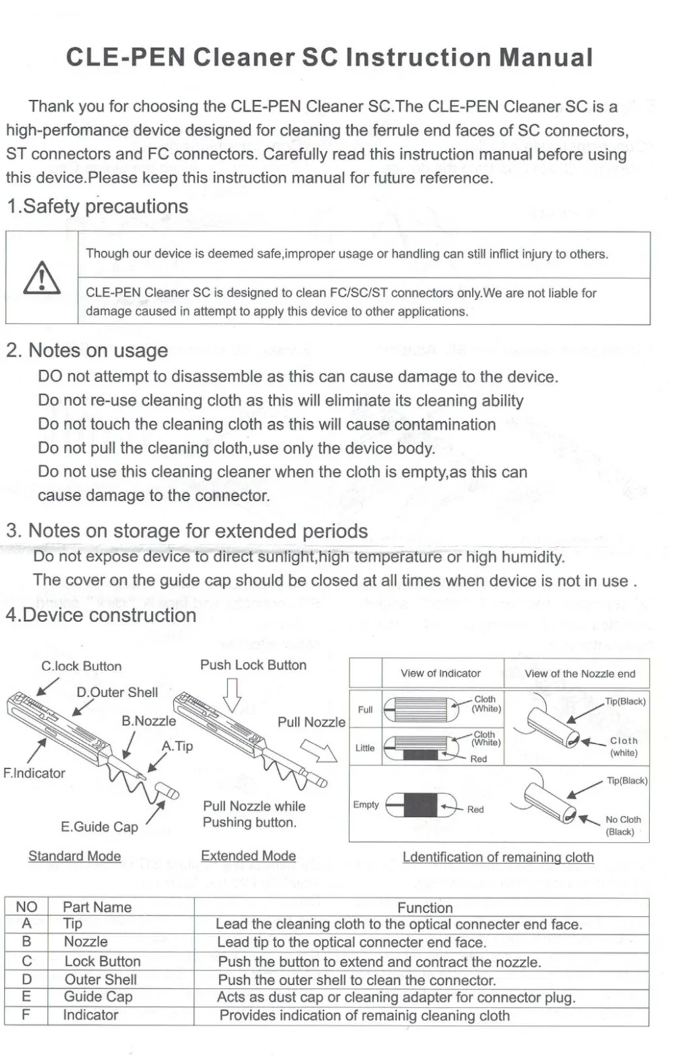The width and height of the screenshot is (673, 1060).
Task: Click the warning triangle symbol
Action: (42, 278)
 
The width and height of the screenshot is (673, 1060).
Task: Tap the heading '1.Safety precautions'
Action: (98, 206)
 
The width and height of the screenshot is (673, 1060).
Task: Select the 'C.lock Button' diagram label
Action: (81, 666)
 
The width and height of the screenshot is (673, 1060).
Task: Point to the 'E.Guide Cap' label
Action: (99, 826)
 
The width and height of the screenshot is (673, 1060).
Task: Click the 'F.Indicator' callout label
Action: (34, 773)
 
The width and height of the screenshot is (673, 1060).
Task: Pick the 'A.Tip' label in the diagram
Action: (177, 746)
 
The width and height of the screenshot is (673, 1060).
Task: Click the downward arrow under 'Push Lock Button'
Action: (232, 695)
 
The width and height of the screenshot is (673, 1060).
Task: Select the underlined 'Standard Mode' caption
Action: (75, 856)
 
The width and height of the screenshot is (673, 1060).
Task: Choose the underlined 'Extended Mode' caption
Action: (248, 855)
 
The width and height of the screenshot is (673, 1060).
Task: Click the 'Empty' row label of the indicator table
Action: (365, 804)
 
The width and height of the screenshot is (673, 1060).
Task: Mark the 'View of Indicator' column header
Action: (440, 673)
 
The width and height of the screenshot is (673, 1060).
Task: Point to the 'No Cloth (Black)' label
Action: (623, 825)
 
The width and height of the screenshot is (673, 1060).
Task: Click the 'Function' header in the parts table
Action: (425, 907)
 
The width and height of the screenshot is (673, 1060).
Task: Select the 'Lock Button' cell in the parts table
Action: (102, 961)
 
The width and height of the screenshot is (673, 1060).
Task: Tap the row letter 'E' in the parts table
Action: (26, 997)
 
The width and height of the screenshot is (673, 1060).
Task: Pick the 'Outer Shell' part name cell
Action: (100, 979)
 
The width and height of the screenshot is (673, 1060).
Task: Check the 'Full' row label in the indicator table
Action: (365, 709)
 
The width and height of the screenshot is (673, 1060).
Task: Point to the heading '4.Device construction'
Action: (101, 615)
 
